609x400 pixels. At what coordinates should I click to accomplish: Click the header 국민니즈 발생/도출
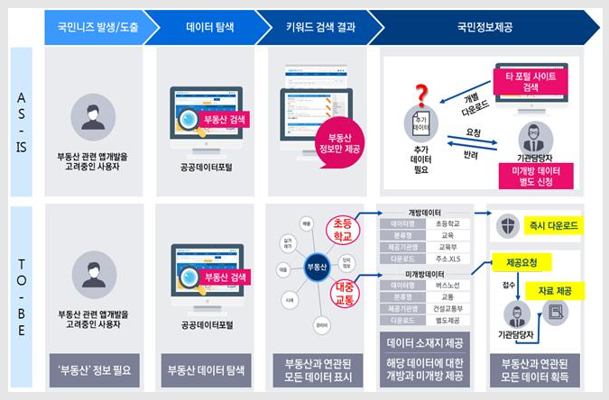(x=93, y=27)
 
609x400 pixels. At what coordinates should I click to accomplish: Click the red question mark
(x=420, y=94)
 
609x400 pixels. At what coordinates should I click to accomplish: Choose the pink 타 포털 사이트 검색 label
(x=531, y=81)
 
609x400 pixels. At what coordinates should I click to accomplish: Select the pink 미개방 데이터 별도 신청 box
(x=536, y=175)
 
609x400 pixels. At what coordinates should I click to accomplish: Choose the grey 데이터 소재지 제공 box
(x=424, y=342)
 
